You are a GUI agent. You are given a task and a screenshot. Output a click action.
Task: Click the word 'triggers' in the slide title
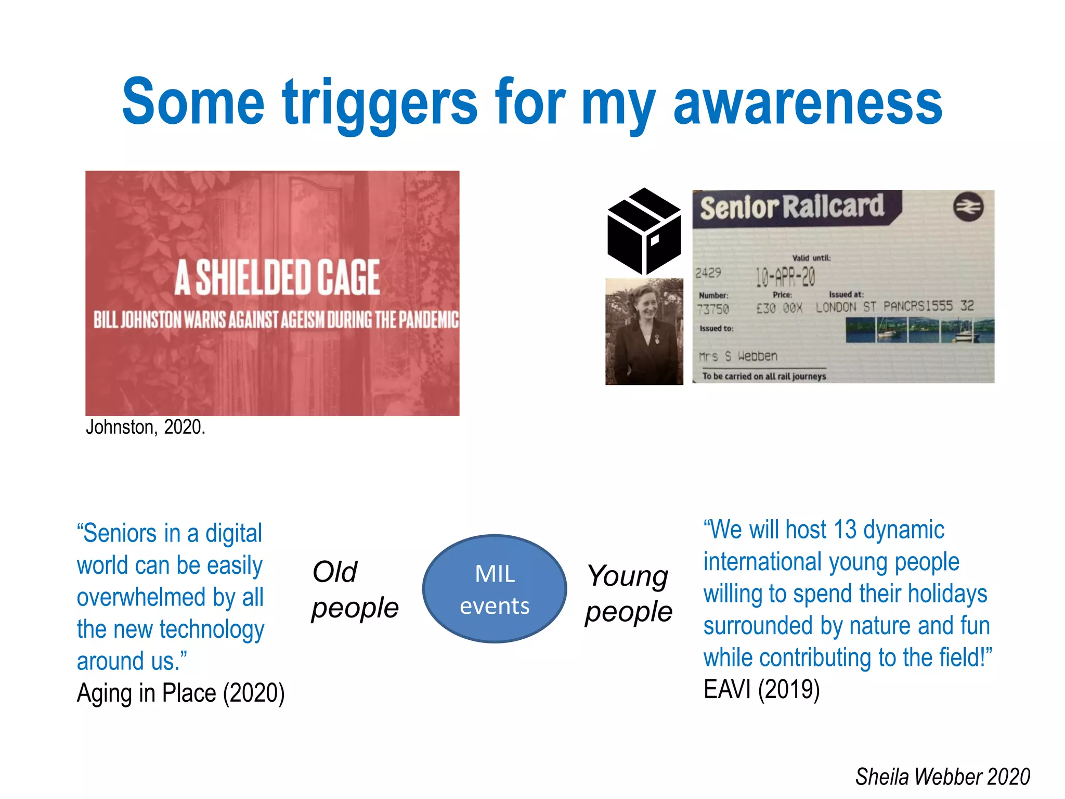[x=380, y=102]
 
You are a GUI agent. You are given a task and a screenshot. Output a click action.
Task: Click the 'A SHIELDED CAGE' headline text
[x=277, y=277]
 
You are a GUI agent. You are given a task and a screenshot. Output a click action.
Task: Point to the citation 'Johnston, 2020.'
[x=146, y=427]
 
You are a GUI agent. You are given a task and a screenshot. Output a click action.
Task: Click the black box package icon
[x=644, y=231]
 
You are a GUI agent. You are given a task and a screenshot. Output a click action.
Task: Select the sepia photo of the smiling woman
[x=644, y=331]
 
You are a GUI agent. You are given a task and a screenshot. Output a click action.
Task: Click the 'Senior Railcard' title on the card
[x=791, y=207]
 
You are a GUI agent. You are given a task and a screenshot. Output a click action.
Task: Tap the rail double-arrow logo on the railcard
[x=968, y=207]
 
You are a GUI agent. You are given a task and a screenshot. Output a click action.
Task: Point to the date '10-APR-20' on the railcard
[x=785, y=277]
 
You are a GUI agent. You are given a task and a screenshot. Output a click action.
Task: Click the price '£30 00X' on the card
[x=779, y=308]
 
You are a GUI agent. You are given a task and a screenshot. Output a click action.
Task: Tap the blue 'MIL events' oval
[x=495, y=589]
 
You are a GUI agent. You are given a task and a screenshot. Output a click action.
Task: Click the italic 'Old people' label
[x=354, y=589]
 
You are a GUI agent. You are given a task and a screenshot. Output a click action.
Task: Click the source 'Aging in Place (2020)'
[x=180, y=693]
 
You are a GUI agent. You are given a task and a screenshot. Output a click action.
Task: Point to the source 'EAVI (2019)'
[x=761, y=689]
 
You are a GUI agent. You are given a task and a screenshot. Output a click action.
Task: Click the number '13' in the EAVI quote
[x=845, y=530]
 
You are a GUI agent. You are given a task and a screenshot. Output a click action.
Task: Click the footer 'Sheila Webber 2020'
[x=942, y=777]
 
